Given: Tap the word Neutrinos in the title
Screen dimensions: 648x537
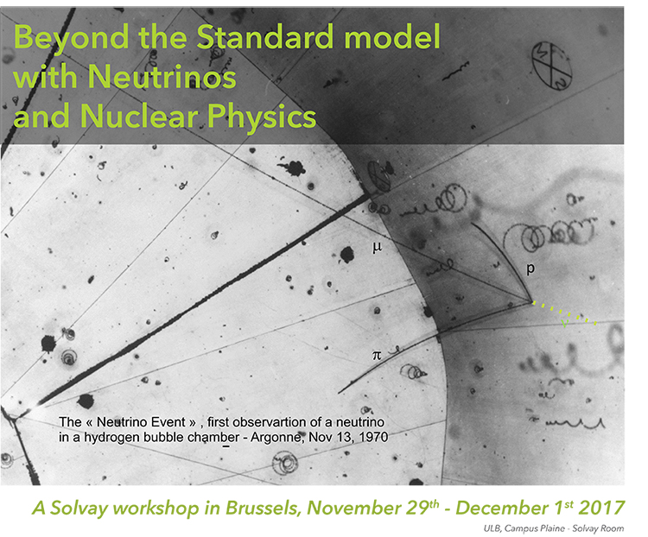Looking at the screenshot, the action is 162,76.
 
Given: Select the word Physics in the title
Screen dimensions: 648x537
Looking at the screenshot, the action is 261,117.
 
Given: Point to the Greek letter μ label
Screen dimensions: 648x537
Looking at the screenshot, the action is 377,247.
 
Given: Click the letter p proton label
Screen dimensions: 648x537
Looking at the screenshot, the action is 530,268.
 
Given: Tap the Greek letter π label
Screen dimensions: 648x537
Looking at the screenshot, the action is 377,355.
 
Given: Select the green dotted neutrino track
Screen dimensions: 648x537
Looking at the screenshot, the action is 564,313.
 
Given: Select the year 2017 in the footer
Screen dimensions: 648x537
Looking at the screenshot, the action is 601,508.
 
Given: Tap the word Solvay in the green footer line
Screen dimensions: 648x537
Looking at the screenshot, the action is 79,509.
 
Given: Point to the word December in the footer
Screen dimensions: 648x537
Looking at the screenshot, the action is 499,508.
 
